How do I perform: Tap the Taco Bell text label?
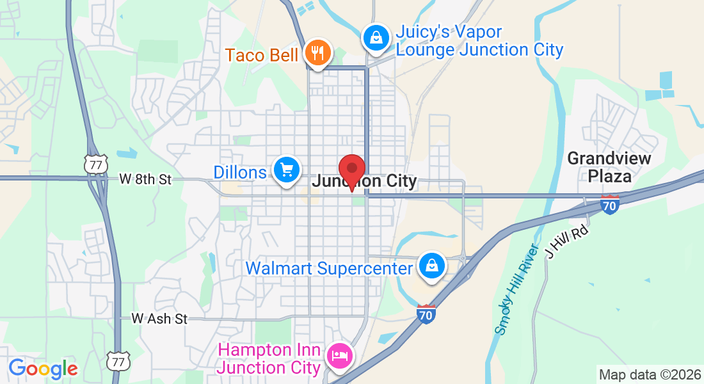click(261, 55)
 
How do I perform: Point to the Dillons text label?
click(239, 172)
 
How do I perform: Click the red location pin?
click(351, 170)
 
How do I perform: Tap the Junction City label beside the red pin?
click(364, 182)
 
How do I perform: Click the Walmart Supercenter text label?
click(329, 268)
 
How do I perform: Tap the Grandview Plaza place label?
click(609, 167)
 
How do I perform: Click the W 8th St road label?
click(145, 180)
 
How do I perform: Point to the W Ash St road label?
click(159, 318)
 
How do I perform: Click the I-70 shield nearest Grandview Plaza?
click(610, 204)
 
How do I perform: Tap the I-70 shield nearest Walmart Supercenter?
click(426, 314)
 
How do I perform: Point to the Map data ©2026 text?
click(648, 374)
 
